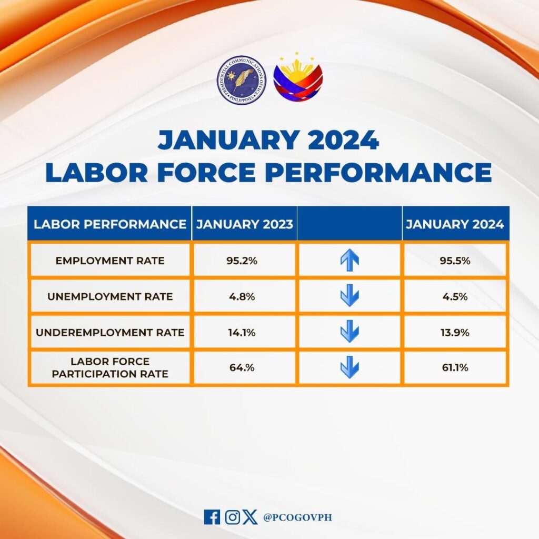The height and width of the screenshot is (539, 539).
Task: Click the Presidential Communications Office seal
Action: (x=241, y=81)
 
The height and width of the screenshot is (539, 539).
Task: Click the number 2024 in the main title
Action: (x=343, y=140)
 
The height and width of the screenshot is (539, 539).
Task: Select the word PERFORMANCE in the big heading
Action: (x=378, y=172)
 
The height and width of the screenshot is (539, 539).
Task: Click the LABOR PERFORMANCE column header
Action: (x=109, y=224)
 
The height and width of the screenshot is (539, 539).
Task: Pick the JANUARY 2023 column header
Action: (x=244, y=224)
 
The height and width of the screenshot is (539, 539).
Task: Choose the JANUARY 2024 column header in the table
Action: (x=455, y=224)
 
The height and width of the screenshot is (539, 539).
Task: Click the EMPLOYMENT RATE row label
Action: (x=110, y=261)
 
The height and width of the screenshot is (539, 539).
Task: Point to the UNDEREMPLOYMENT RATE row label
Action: (x=110, y=333)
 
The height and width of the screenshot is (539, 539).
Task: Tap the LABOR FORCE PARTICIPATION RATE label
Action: (x=110, y=367)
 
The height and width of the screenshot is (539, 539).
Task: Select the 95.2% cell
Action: (x=242, y=261)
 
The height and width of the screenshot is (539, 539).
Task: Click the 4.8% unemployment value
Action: (x=242, y=296)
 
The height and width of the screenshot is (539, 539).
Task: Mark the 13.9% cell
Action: (x=455, y=333)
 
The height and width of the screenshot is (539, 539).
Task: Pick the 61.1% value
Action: (x=455, y=367)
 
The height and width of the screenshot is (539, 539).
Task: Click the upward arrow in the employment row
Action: (x=350, y=260)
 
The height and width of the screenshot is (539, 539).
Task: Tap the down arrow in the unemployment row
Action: (x=350, y=295)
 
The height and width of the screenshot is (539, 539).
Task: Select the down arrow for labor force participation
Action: (x=350, y=367)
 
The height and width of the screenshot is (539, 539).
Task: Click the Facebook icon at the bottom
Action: (x=212, y=517)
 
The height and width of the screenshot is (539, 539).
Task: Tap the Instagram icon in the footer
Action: (x=232, y=517)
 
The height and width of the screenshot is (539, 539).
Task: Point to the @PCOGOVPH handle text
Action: (x=297, y=517)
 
